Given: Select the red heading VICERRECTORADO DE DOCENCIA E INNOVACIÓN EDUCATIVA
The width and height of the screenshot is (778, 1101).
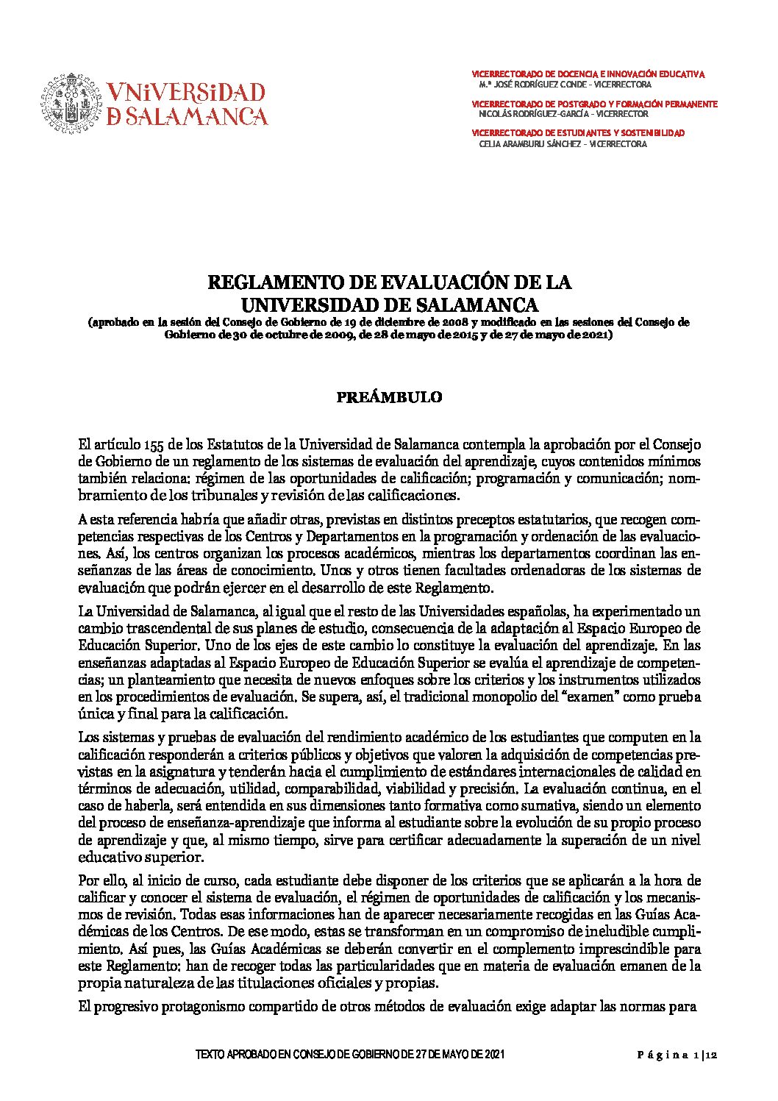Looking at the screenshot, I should [588, 74].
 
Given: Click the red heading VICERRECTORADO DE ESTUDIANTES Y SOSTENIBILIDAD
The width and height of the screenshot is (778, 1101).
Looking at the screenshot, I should [577, 133].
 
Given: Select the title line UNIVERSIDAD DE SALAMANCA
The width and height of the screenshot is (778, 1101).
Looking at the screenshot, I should [390, 304].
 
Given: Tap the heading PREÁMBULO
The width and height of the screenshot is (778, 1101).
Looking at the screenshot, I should [389, 398].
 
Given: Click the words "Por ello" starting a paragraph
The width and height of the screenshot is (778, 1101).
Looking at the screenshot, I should [101, 880].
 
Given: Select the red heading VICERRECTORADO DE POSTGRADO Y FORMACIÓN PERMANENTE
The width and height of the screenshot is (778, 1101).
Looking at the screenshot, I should [594, 104].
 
